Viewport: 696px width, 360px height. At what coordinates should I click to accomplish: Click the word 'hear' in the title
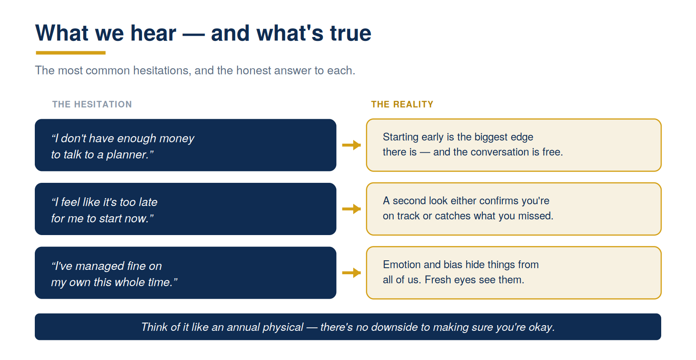[153, 33]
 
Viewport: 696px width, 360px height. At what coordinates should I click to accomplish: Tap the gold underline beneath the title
[71, 53]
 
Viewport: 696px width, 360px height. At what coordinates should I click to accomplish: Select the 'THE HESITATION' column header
[92, 104]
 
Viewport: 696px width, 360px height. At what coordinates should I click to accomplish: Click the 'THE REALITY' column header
[402, 104]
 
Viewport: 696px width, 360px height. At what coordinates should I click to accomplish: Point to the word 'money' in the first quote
[177, 139]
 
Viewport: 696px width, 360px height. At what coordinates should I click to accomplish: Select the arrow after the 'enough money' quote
[351, 145]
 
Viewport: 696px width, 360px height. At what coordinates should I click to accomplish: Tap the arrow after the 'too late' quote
[351, 209]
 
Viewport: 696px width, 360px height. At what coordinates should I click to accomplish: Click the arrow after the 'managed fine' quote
[351, 273]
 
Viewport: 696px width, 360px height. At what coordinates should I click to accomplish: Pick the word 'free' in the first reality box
[552, 152]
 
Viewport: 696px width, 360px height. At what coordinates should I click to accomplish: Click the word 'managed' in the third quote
[100, 266]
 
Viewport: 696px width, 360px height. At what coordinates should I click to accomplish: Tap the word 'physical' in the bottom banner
[283, 327]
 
